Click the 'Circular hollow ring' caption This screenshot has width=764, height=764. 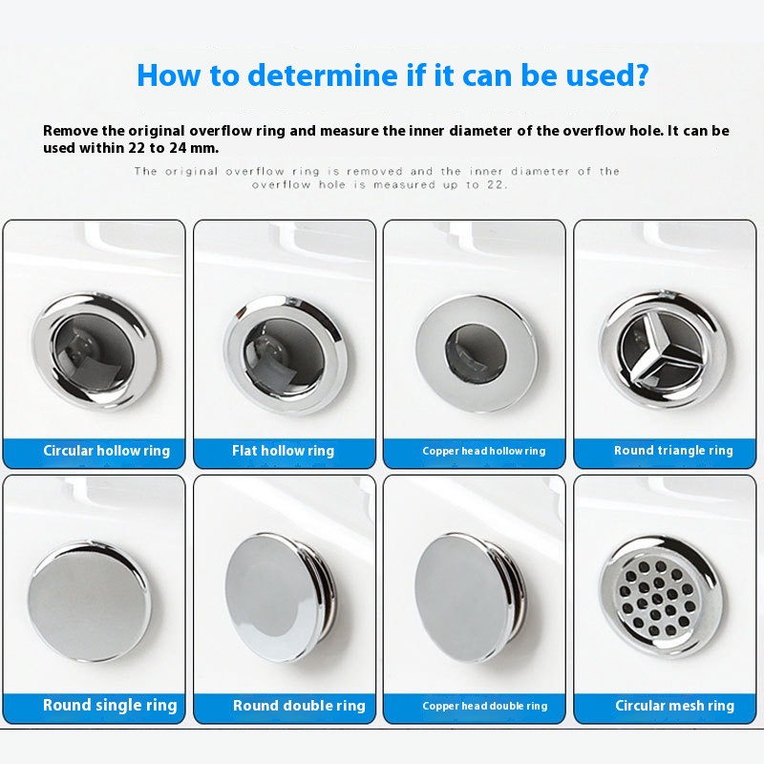pyautogui.click(x=107, y=451)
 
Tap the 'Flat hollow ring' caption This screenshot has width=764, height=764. pyautogui.click(x=283, y=451)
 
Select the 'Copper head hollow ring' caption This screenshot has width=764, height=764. pyautogui.click(x=484, y=451)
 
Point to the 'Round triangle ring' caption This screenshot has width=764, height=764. pyautogui.click(x=673, y=451)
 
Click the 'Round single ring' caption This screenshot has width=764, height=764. pyautogui.click(x=110, y=705)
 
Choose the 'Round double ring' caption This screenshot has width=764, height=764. pyautogui.click(x=299, y=706)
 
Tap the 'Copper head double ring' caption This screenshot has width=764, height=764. pyautogui.click(x=485, y=706)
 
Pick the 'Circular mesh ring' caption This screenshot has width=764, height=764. pyautogui.click(x=674, y=706)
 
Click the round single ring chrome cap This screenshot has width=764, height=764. pyautogui.click(x=89, y=601)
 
